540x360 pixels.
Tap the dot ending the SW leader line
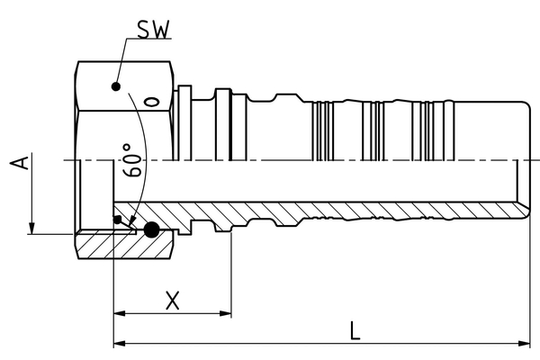(115, 86)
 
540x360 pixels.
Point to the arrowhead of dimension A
(32, 228)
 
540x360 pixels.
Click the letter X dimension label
(174, 301)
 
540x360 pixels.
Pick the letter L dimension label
(355, 330)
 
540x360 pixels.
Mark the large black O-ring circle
(152, 230)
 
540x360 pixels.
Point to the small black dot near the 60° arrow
(117, 220)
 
